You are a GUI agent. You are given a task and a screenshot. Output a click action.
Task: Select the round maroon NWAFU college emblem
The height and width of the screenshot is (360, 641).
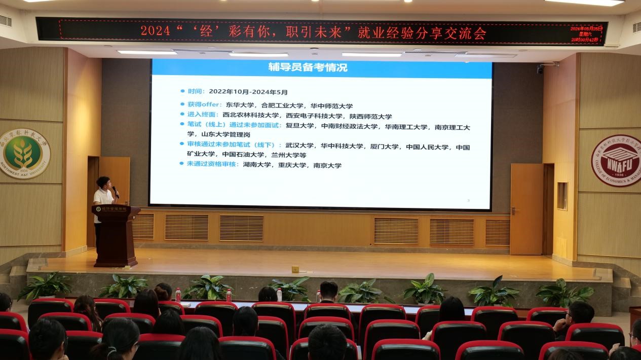(x=616, y=160)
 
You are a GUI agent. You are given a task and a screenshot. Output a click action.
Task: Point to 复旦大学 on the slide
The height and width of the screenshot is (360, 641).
(x=296, y=126)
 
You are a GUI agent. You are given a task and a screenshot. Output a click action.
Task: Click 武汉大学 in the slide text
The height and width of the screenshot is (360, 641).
(x=296, y=146)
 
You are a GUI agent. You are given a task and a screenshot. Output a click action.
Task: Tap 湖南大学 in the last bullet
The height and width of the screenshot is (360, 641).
(x=254, y=165)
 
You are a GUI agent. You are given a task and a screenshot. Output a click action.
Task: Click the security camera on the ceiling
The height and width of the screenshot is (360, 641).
(x=541, y=68)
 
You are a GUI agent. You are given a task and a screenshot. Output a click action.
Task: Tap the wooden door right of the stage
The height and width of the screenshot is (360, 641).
(x=527, y=208)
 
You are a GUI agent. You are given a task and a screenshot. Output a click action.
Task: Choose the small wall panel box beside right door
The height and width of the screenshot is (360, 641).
(x=562, y=196)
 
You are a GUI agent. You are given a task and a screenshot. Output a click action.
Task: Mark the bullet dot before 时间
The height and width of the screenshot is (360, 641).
(x=183, y=91)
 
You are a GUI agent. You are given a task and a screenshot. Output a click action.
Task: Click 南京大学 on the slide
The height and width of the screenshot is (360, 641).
(x=327, y=165)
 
